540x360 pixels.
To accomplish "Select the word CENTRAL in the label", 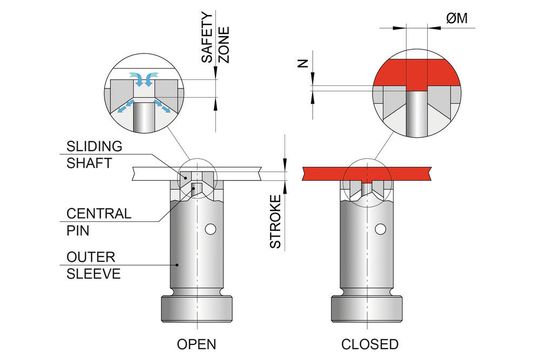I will (95, 213).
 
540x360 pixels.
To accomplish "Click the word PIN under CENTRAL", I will (79, 230).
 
